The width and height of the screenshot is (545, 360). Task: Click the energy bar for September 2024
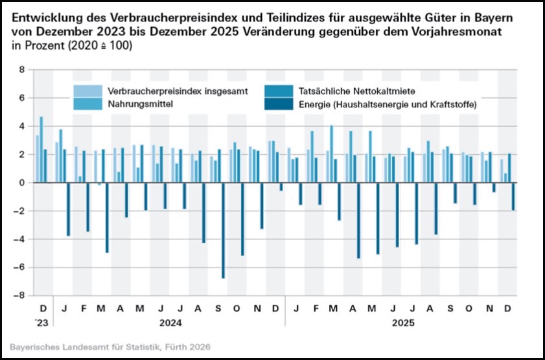pyautogui.click(x=224, y=231)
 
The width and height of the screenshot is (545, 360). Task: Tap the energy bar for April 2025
pyautogui.click(x=358, y=221)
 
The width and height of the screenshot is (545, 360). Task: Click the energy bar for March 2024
pyautogui.click(x=107, y=218)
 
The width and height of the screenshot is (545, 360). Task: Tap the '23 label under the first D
pyautogui.click(x=41, y=322)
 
